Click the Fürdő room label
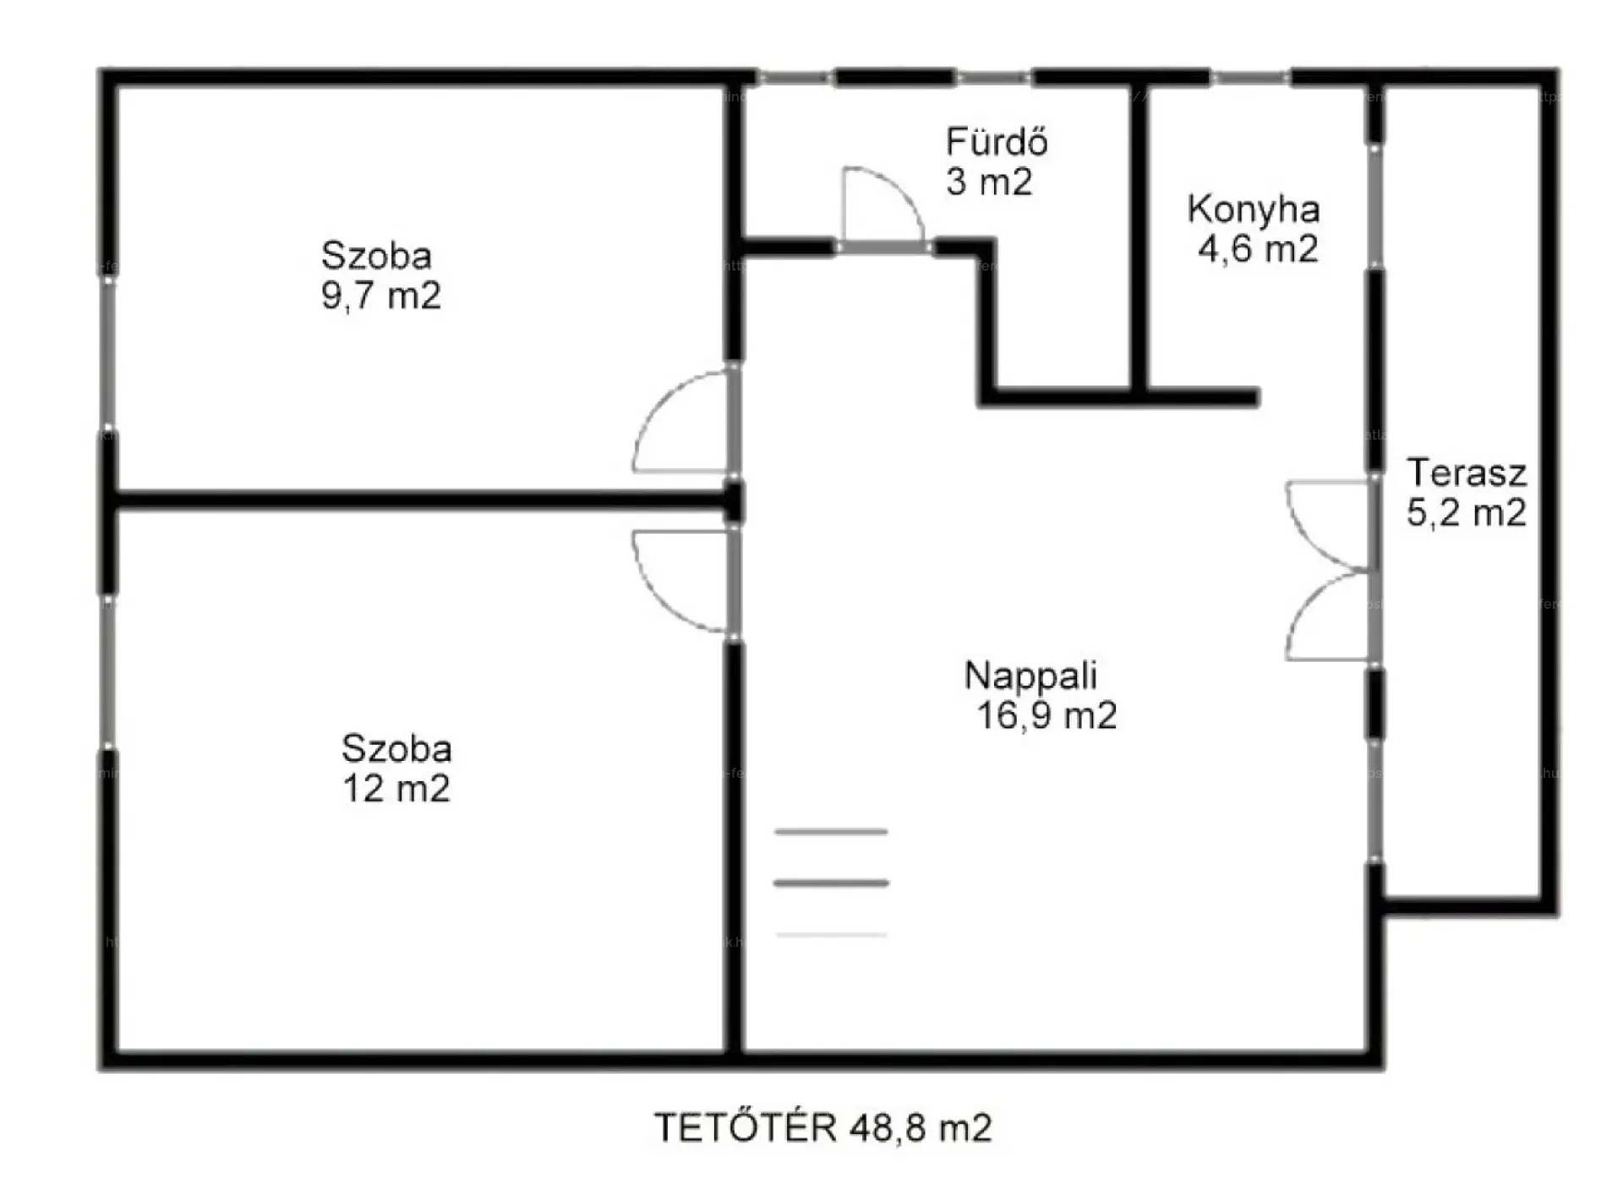click(997, 141)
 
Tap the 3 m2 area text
click(989, 182)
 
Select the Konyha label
click(1254, 211)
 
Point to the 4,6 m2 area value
click(1258, 249)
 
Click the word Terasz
click(1467, 473)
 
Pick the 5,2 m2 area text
click(1467, 513)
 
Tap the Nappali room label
click(1031, 676)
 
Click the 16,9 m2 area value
click(1046, 716)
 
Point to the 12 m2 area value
click(396, 789)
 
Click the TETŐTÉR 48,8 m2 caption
click(823, 1128)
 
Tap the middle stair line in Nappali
click(831, 884)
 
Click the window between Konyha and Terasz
click(1375, 208)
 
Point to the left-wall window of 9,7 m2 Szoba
click(108, 353)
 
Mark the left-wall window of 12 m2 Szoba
click(108, 673)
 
